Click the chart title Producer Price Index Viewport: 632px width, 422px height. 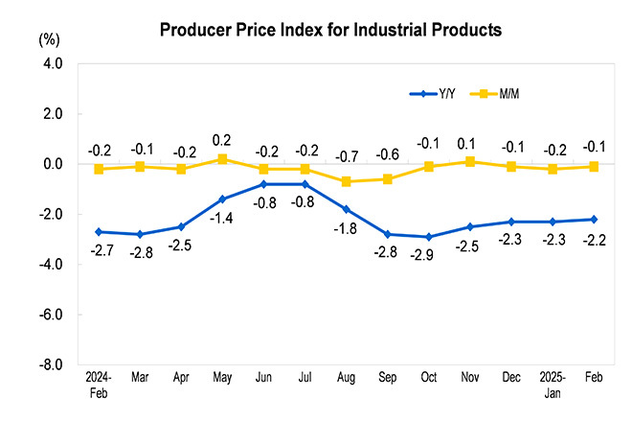(x=330, y=30)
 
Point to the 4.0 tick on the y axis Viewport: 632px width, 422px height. (x=51, y=63)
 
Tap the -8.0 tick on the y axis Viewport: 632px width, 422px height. (x=50, y=365)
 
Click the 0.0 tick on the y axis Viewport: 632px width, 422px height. (x=51, y=164)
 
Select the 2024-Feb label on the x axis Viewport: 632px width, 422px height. (x=100, y=386)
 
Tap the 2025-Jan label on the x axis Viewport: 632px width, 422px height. (x=552, y=386)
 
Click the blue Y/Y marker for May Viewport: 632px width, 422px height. (x=222, y=199)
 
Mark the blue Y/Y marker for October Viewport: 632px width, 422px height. (x=428, y=237)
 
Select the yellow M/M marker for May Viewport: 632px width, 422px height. (x=222, y=159)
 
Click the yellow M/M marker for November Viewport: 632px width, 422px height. (x=469, y=161)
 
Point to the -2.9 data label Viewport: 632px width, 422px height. (x=428, y=255)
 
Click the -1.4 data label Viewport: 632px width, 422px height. (x=222, y=219)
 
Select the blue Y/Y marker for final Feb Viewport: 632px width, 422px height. (x=593, y=220)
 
